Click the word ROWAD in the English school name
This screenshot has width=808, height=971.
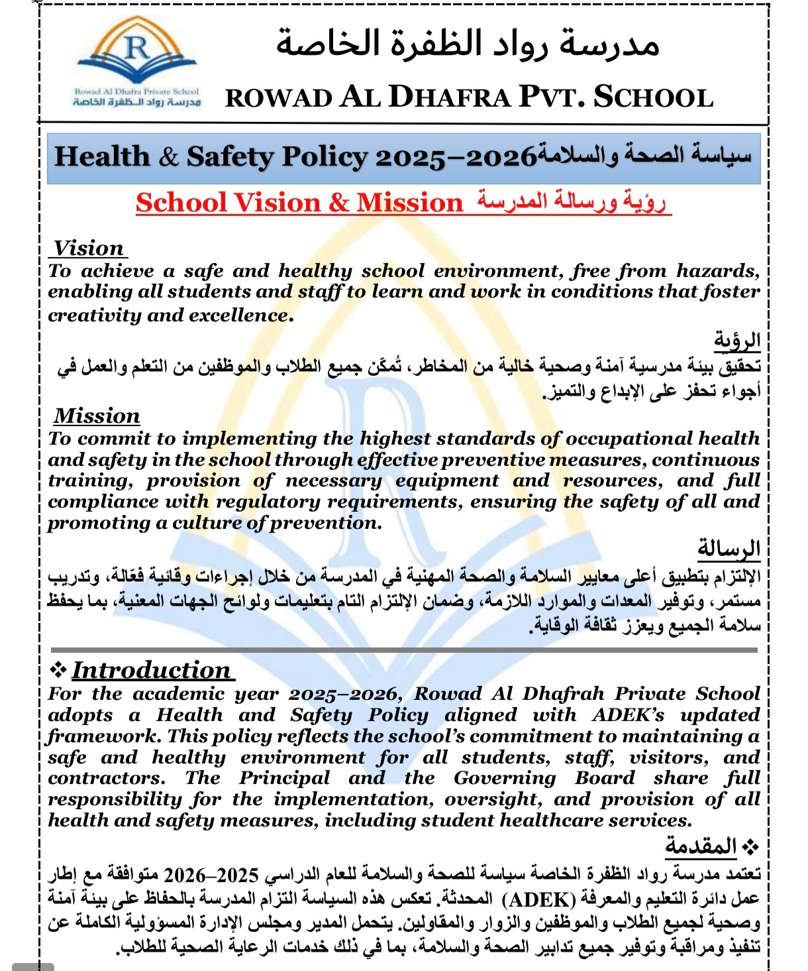tap(279, 98)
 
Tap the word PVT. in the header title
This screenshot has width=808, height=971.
tap(551, 97)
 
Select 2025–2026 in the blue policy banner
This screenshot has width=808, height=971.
tap(456, 157)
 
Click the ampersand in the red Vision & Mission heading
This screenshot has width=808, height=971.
tap(338, 203)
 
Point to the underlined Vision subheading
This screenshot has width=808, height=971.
tap(89, 249)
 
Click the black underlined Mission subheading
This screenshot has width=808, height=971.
tap(97, 416)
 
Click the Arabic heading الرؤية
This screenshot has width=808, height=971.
tap(736, 341)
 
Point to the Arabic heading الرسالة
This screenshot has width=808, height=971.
tap(729, 549)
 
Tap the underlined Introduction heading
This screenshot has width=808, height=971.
tap(151, 670)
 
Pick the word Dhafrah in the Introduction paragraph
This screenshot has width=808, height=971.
tap(562, 694)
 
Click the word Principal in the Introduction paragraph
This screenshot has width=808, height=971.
tap(284, 778)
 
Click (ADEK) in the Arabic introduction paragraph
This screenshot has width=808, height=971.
tap(539, 899)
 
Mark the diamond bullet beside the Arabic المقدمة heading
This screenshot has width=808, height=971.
tap(750, 847)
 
